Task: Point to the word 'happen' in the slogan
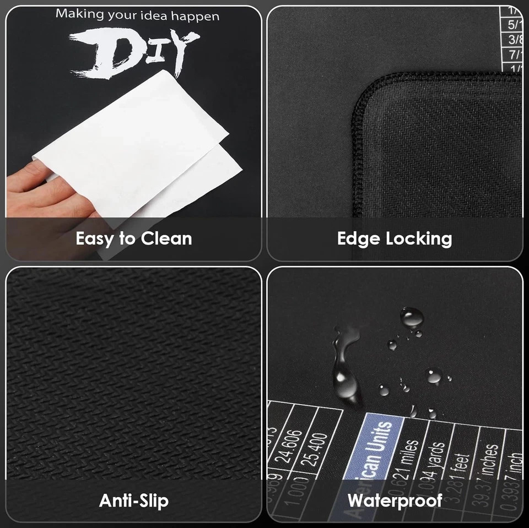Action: click(x=195, y=16)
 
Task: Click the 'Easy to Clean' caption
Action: click(x=134, y=239)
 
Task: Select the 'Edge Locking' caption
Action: click(x=395, y=238)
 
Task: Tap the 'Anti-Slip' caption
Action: click(x=134, y=500)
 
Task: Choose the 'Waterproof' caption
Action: click(x=395, y=500)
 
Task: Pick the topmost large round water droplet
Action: click(x=412, y=317)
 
